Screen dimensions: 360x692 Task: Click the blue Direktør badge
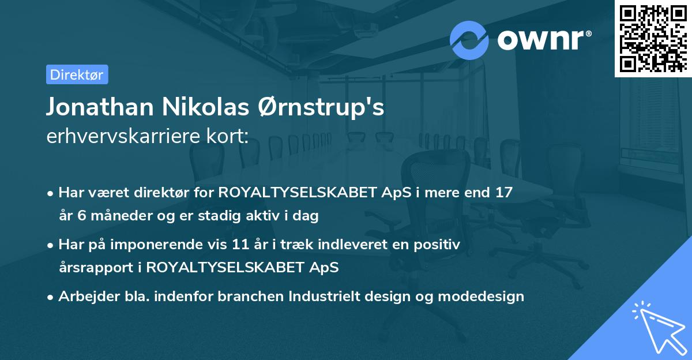click(77, 74)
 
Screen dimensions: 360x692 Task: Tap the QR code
click(653, 38)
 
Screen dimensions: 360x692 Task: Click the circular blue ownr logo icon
click(469, 40)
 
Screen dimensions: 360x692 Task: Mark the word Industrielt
click(327, 297)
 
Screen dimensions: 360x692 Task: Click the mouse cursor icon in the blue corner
click(659, 330)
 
